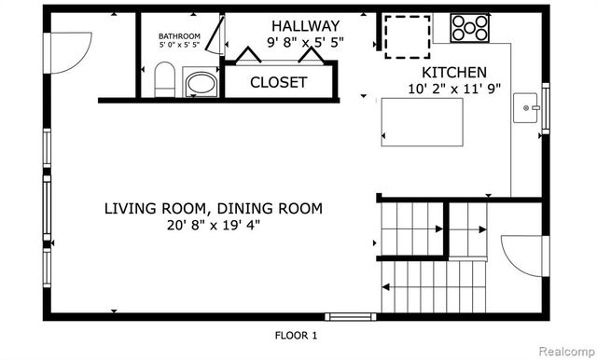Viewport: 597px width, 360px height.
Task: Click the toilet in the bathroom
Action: [163, 80]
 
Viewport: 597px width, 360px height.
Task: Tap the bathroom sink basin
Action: [200, 85]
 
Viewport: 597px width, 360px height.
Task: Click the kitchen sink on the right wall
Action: [529, 108]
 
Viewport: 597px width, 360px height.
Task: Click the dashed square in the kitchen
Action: [408, 35]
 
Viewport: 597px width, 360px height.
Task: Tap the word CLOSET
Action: [278, 82]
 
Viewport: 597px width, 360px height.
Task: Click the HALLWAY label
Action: [305, 25]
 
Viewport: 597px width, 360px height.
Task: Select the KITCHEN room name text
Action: [454, 73]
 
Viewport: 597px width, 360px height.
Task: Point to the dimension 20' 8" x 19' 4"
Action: [213, 225]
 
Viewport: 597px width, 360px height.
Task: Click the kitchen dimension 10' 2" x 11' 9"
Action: [454, 90]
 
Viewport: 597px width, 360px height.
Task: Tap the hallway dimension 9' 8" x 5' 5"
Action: [304, 42]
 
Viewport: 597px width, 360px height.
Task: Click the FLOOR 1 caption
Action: [297, 335]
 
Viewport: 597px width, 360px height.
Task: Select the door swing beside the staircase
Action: [519, 254]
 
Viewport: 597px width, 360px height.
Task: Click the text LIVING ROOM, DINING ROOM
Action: [214, 208]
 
